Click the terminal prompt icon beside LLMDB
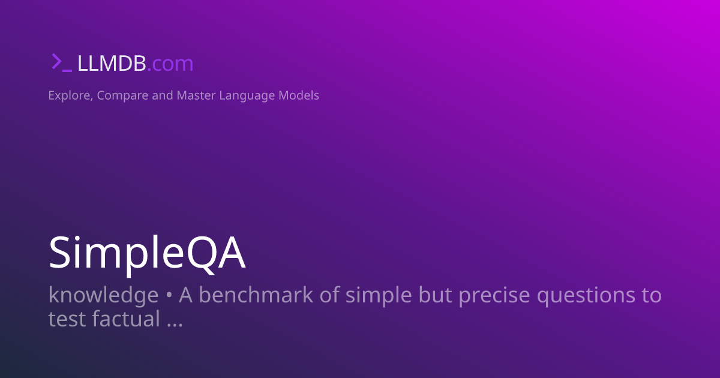click(x=61, y=63)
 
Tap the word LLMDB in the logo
click(x=111, y=64)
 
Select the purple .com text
click(x=170, y=64)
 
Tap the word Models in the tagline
click(x=299, y=95)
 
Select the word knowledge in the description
click(x=103, y=296)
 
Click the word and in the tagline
click(x=162, y=95)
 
